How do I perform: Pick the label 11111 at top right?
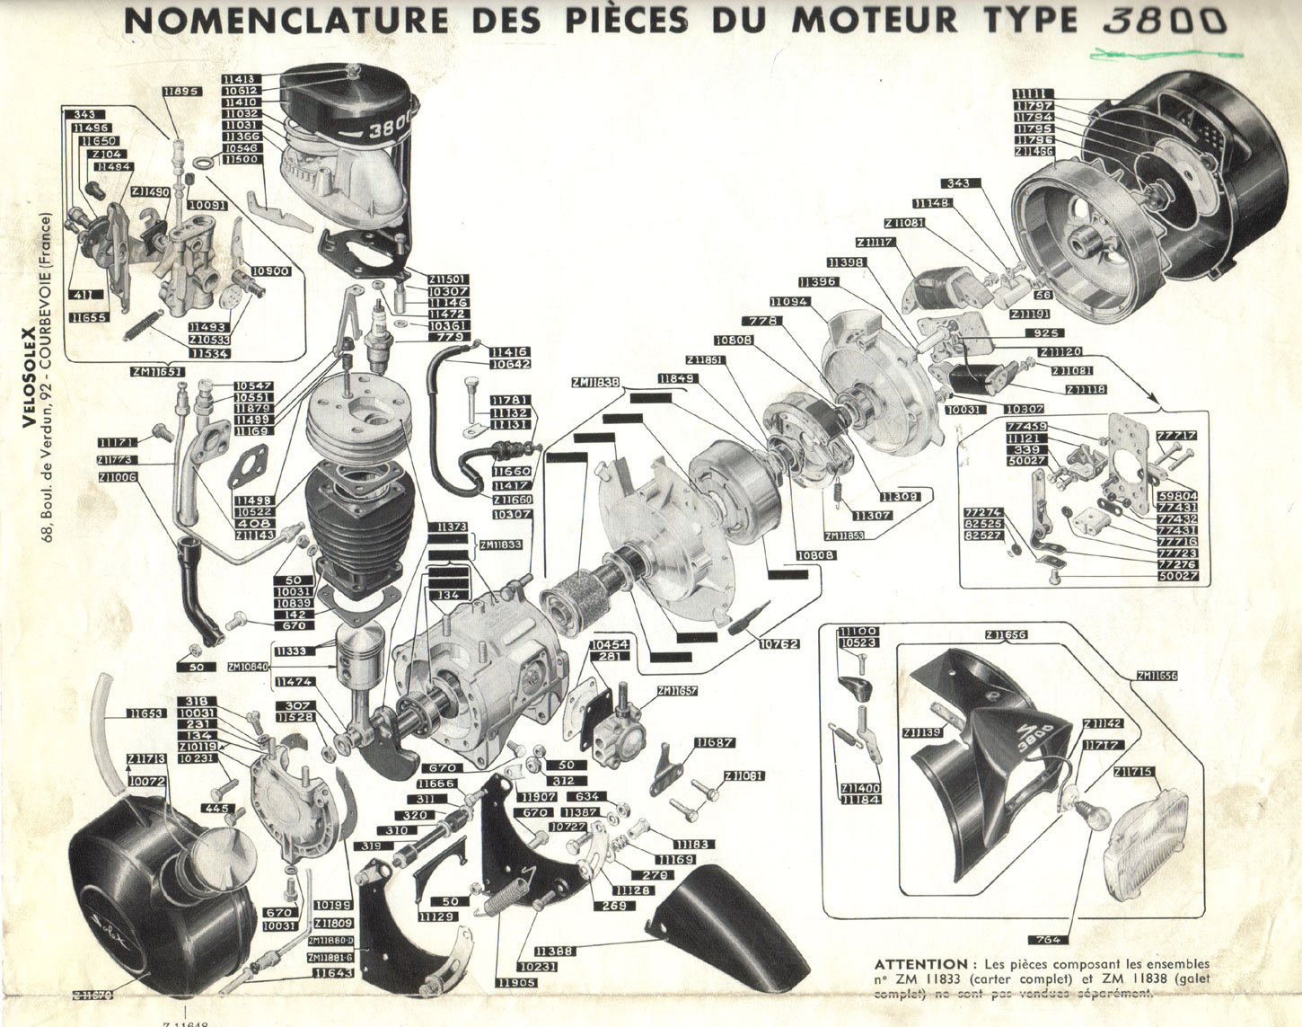pyautogui.click(x=1033, y=94)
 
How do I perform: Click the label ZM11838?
pyautogui.click(x=595, y=382)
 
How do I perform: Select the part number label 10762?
pyautogui.click(x=778, y=643)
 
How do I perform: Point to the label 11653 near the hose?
pyautogui.click(x=145, y=713)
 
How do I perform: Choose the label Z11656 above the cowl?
pyautogui.click(x=1005, y=635)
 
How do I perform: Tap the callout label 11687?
pyautogui.click(x=714, y=743)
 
